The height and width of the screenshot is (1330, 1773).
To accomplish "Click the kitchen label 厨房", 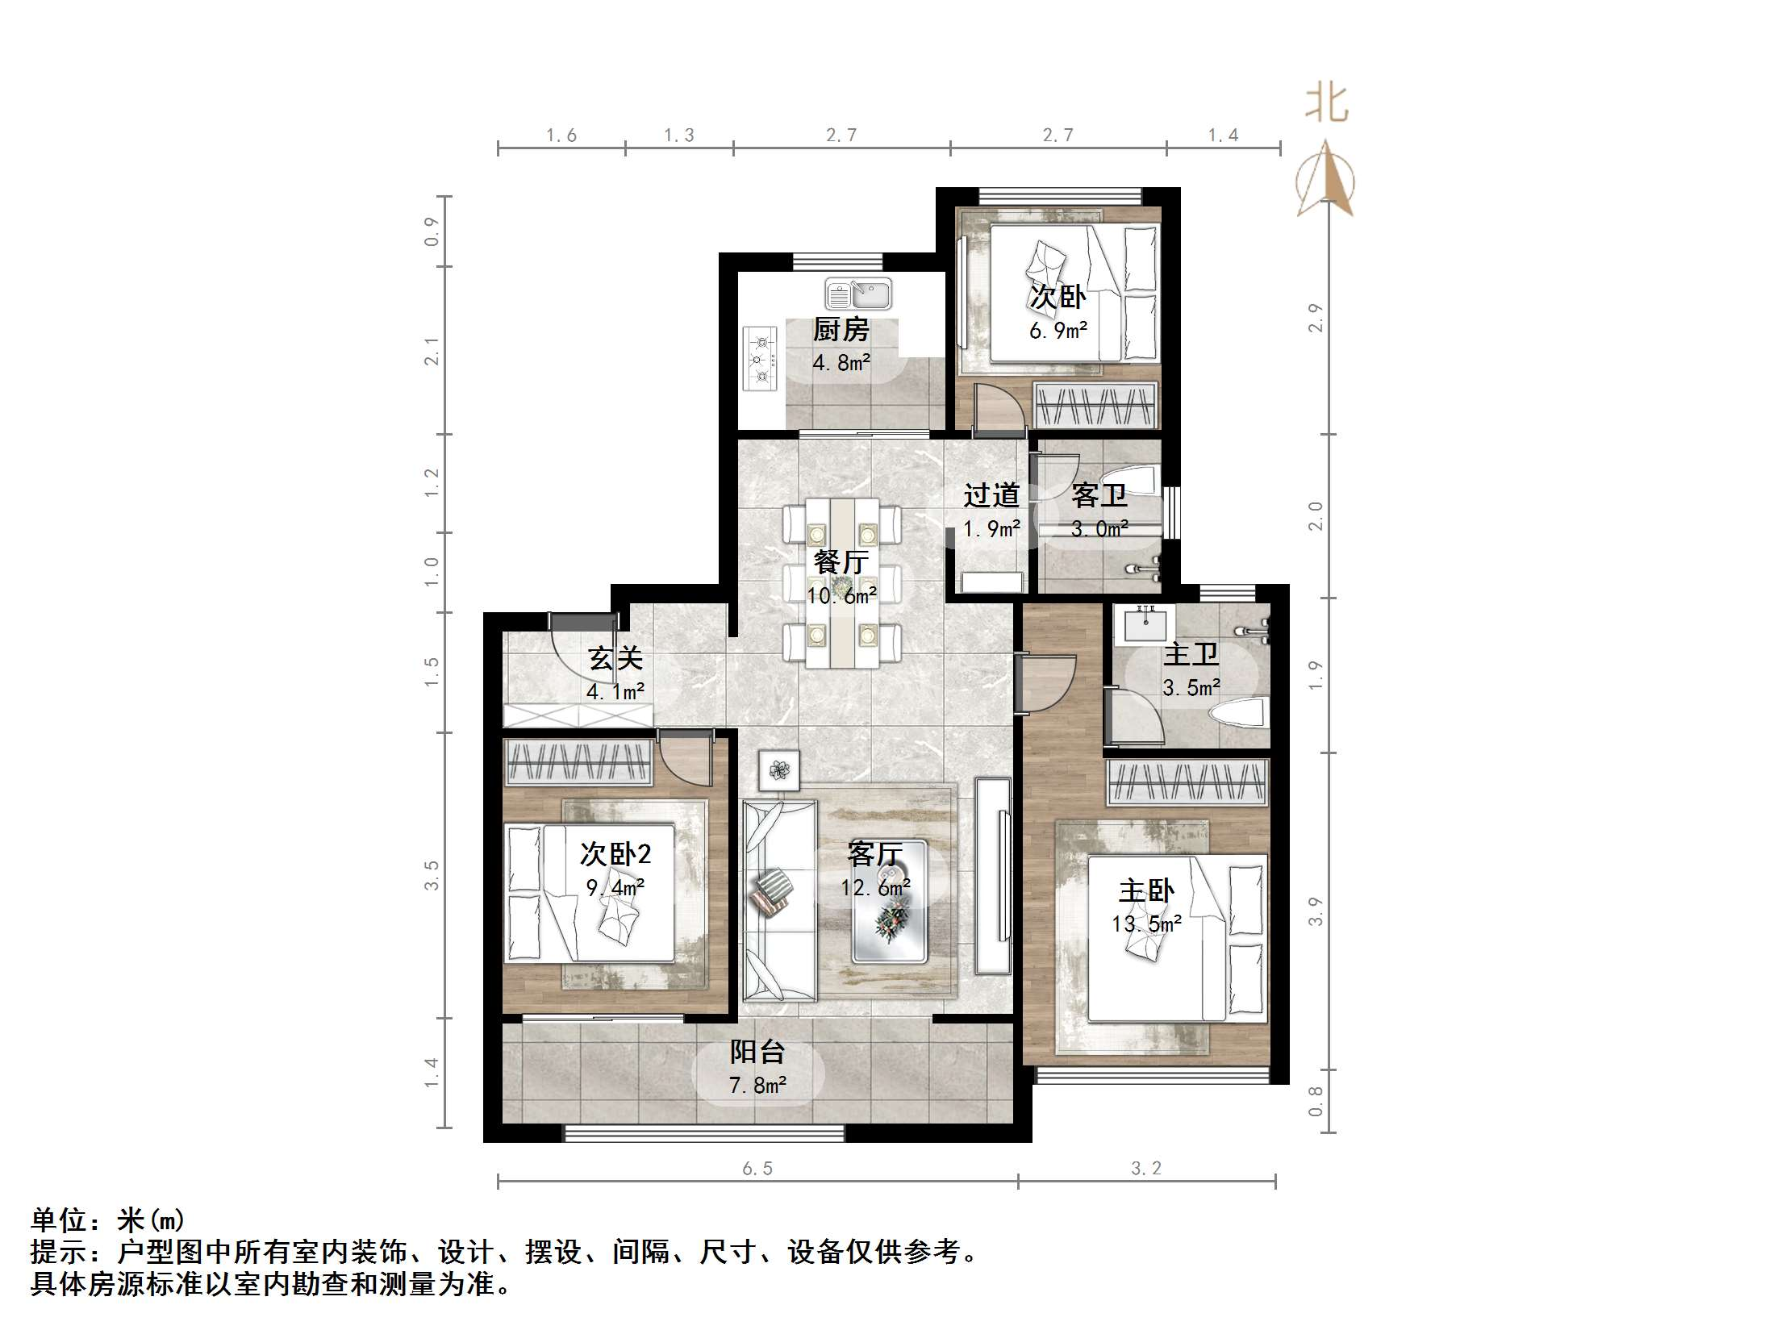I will (x=841, y=329).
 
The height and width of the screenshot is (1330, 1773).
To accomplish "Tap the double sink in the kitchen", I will (x=858, y=294).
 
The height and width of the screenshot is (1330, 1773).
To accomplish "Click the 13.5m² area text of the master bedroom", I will (x=1146, y=924).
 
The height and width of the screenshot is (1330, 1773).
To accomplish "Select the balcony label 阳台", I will (x=757, y=1052).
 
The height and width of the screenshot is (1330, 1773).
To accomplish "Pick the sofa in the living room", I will (x=778, y=900).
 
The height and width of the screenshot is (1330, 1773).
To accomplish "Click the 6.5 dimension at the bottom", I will (x=757, y=1169).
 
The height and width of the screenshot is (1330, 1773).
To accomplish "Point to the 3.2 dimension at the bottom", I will (x=1145, y=1169).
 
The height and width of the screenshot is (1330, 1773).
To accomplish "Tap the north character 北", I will (x=1326, y=104).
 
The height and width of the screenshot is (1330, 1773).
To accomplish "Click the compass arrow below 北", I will (x=1325, y=181).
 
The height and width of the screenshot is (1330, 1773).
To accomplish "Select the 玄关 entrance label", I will (x=615, y=658).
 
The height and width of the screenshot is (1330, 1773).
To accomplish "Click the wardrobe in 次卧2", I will (x=578, y=762).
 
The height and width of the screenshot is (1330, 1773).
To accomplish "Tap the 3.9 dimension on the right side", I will (x=1316, y=911).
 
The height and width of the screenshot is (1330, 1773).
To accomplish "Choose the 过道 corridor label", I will (x=991, y=495).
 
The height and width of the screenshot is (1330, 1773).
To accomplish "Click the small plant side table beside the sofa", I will (x=778, y=770).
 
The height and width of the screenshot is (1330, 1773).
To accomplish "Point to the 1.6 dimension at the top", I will (x=561, y=136).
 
